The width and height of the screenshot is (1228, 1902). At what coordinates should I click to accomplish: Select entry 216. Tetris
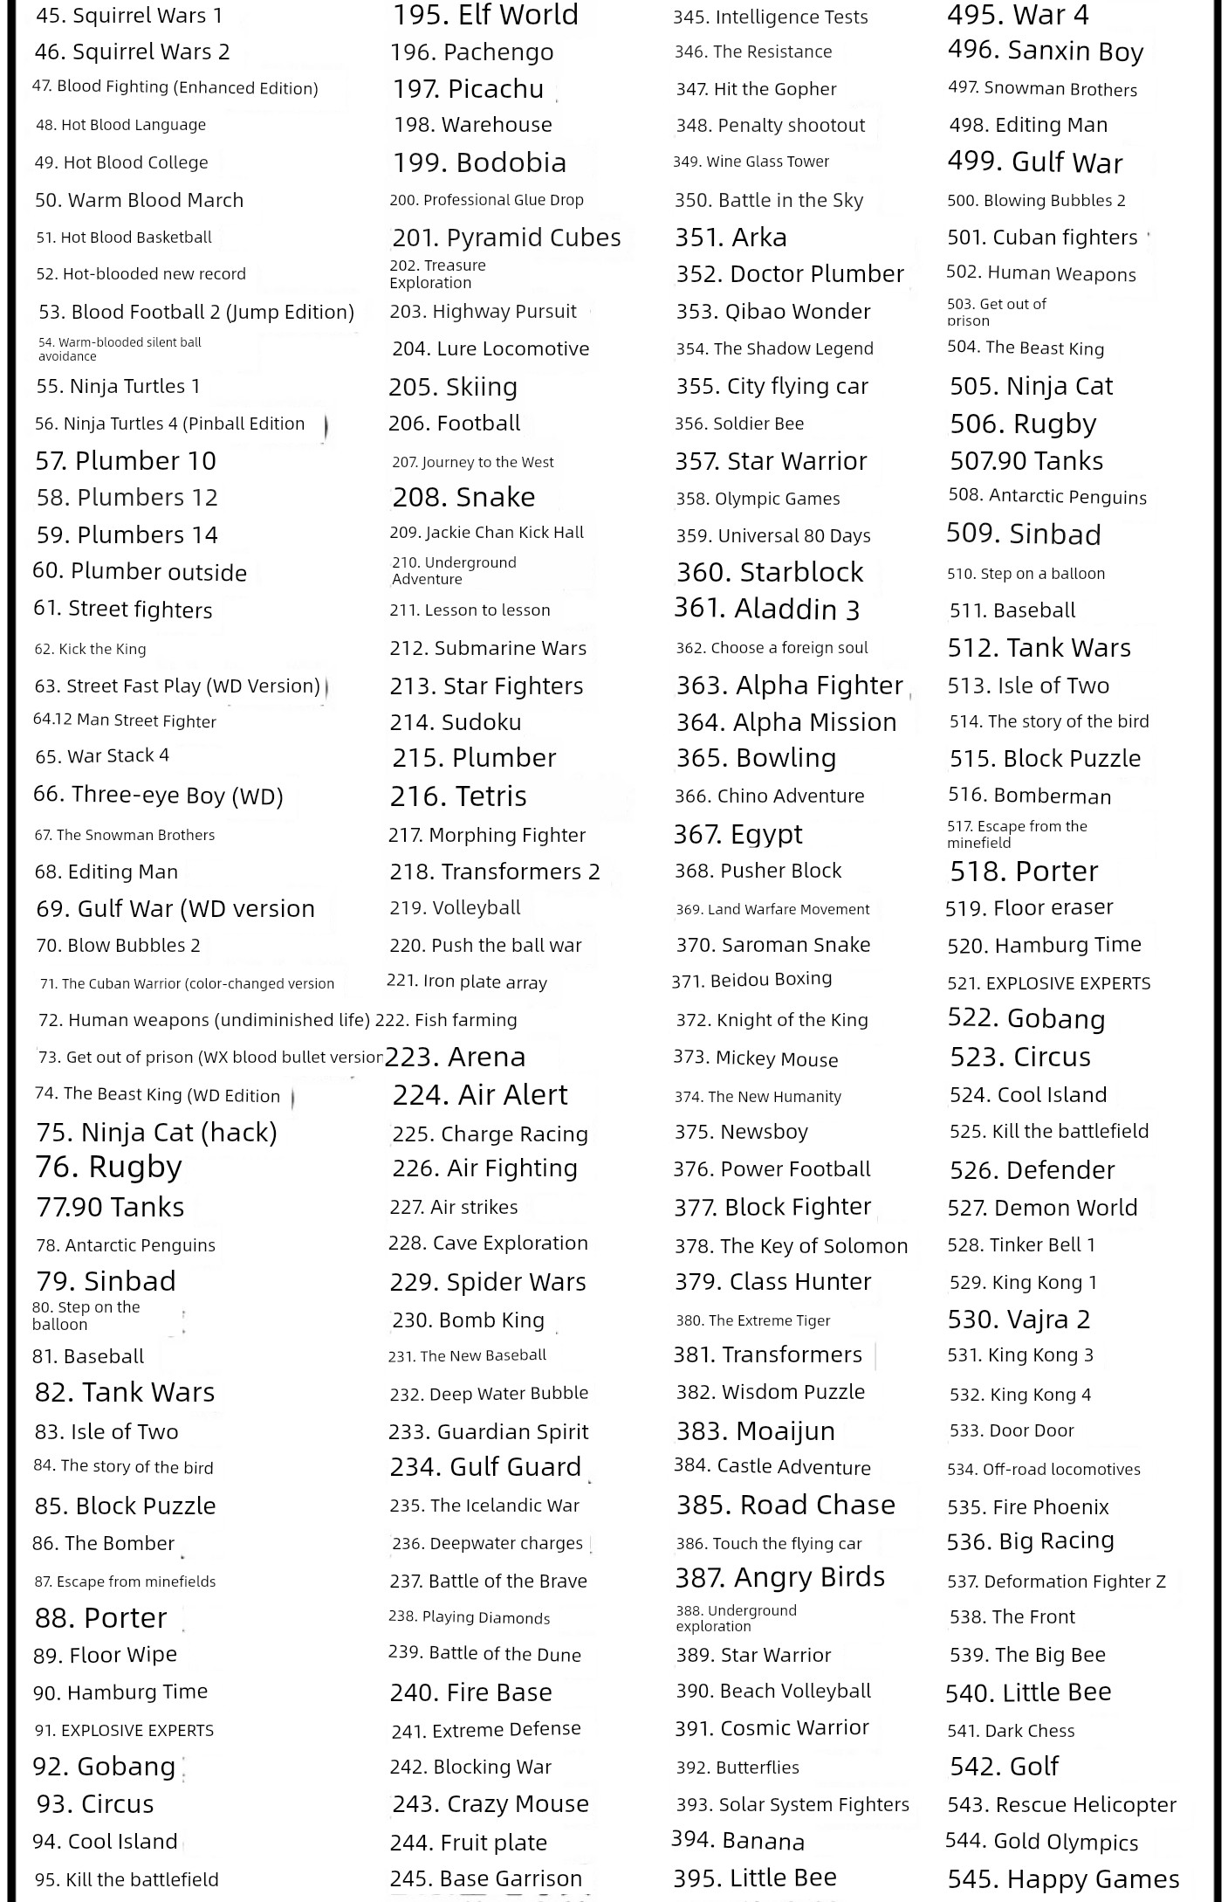coord(458,796)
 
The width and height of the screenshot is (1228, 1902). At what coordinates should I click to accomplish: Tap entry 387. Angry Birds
coord(779,1577)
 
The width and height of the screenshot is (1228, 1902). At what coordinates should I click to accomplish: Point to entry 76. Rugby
coord(108,1167)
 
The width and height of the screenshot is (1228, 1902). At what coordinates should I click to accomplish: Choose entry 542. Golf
coord(1004,1767)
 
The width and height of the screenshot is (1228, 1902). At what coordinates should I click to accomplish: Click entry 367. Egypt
coord(737,834)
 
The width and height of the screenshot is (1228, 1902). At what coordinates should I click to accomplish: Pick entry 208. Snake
coord(463,497)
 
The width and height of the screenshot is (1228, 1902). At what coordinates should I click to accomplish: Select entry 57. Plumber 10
coord(126,461)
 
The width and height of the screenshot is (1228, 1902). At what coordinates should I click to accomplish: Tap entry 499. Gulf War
coord(1035,162)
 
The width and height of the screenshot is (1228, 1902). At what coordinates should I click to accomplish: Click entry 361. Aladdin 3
coord(766,609)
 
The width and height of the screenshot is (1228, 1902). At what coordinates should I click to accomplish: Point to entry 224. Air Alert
coord(479,1095)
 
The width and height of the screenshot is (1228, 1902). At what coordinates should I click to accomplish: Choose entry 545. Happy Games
coord(1063,1878)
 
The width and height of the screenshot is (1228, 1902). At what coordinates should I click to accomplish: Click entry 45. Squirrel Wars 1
coord(129,16)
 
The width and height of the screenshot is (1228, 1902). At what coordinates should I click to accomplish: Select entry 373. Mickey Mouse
coord(755,1058)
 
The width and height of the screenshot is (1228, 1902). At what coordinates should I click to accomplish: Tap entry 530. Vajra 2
coord(1019,1319)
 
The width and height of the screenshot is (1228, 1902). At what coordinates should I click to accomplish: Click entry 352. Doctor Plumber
coord(789,274)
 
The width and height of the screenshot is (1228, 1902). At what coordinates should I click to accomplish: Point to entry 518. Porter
coord(1024,872)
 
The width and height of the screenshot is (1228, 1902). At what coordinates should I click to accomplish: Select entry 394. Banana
coord(737,1841)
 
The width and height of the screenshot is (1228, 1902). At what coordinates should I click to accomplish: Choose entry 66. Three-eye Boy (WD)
coord(158,795)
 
